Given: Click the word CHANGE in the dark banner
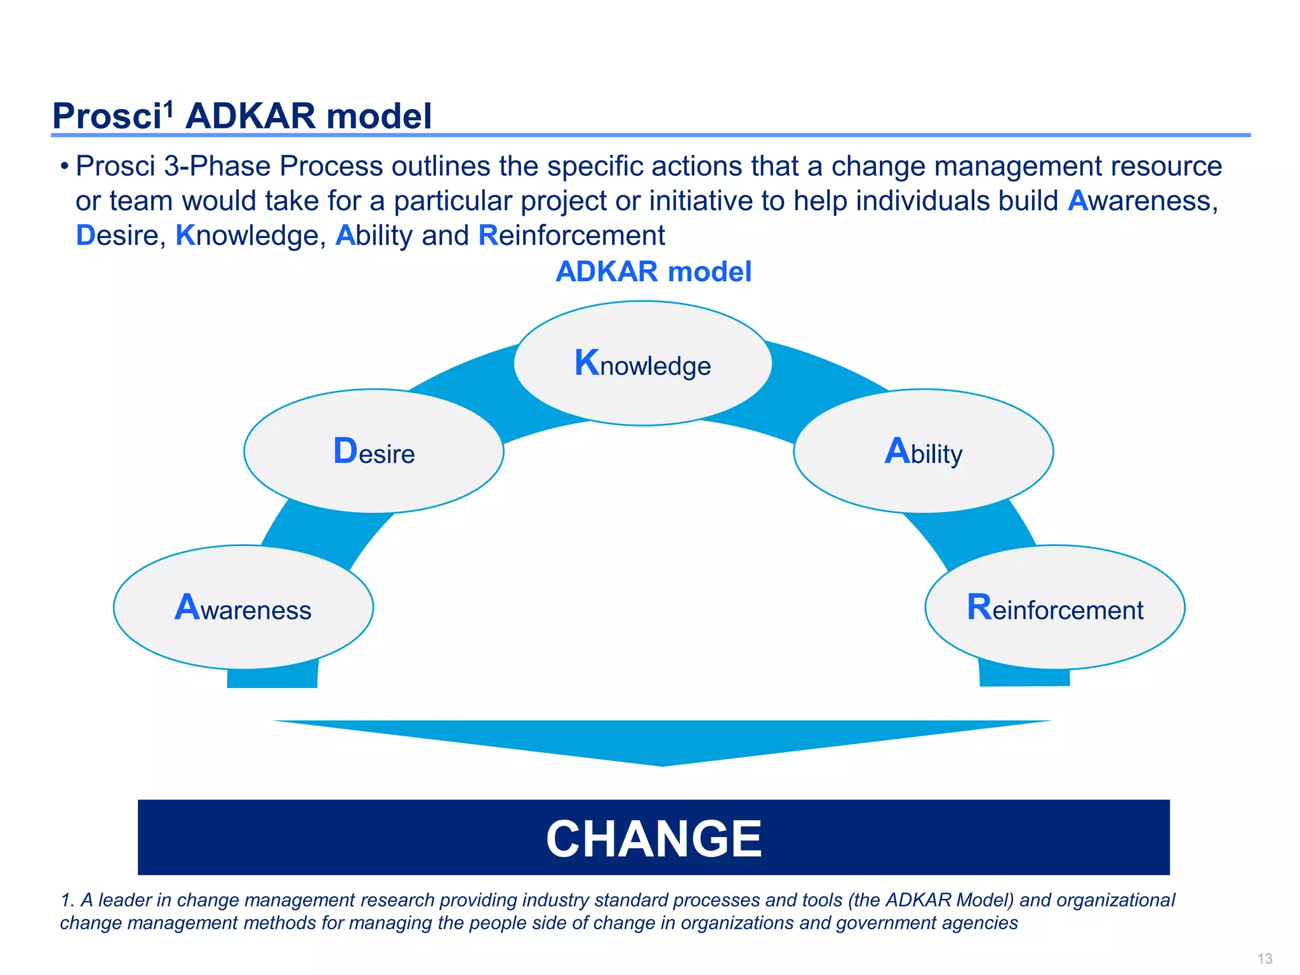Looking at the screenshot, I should point(654,839).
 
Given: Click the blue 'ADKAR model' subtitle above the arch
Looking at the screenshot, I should point(653,272).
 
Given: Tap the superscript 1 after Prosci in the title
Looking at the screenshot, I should point(168,109).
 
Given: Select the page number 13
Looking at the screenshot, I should point(1264,958).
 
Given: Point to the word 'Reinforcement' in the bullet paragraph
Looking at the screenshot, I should point(571,235).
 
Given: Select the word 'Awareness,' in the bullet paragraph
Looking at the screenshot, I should point(1143,201).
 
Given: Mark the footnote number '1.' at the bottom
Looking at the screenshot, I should point(67,900).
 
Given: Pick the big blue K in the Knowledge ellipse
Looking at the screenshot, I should point(587,362).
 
